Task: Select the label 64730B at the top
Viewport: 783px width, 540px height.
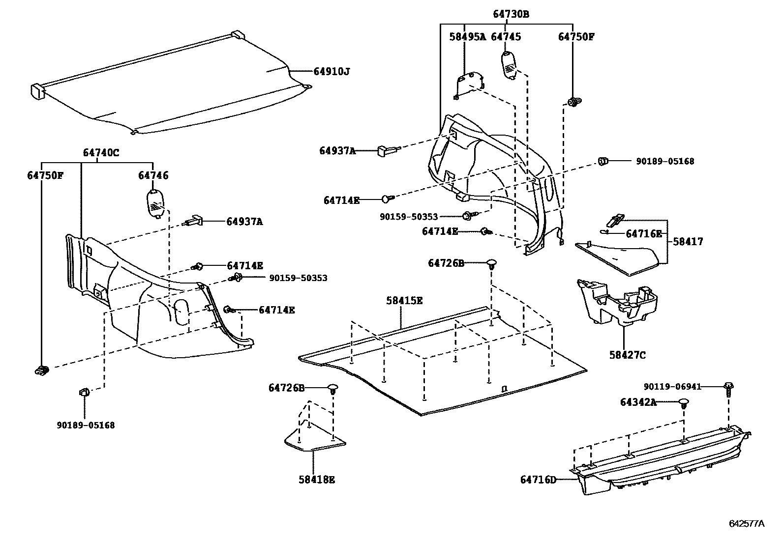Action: [511, 14]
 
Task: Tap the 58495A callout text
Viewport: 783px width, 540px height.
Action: [467, 37]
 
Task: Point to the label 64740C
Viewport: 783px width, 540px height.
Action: [101, 153]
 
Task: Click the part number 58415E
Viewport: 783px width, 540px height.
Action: [404, 300]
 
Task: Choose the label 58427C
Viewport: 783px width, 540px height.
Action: [627, 355]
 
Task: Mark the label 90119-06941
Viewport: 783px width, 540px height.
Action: [672, 387]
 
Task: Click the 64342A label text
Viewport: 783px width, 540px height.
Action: [638, 402]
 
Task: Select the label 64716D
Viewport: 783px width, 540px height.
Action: [538, 479]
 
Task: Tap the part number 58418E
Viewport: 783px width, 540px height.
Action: [316, 480]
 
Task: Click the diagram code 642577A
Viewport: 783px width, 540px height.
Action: [747, 523]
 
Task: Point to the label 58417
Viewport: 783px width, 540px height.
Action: [688, 242]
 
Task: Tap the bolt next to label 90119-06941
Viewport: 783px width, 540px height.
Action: [728, 389]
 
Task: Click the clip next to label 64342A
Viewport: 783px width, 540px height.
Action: [684, 404]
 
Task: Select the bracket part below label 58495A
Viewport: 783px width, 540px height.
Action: [469, 84]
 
